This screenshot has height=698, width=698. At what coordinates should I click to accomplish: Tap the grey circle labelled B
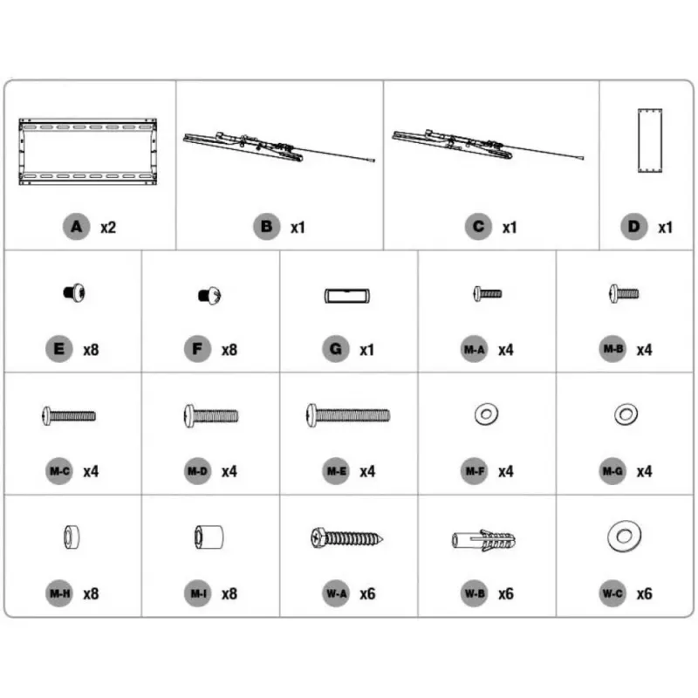pyautogui.click(x=266, y=227)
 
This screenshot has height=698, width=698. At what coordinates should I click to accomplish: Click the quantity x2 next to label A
pyautogui.click(x=108, y=228)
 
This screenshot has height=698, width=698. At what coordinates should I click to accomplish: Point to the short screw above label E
pyautogui.click(x=74, y=293)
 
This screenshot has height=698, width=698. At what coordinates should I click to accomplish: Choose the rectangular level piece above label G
pyautogui.click(x=346, y=296)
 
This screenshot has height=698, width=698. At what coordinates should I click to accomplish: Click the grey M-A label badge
pyautogui.click(x=474, y=349)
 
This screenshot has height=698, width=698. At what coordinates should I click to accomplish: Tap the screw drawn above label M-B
pyautogui.click(x=624, y=293)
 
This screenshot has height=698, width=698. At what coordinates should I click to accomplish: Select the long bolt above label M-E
pyautogui.click(x=348, y=415)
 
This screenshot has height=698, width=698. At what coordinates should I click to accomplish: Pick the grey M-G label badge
pyautogui.click(x=612, y=471)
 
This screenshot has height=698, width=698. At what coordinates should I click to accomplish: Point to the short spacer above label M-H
pyautogui.click(x=72, y=537)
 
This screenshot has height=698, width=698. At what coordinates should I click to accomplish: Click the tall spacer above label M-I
pyautogui.click(x=209, y=537)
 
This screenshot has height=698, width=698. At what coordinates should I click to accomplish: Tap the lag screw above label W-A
pyautogui.click(x=346, y=538)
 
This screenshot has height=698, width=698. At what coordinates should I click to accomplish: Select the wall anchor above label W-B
pyautogui.click(x=484, y=540)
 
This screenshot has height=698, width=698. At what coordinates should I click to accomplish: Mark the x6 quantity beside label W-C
pyautogui.click(x=644, y=594)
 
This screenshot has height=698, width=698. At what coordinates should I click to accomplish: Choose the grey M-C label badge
pyautogui.click(x=59, y=471)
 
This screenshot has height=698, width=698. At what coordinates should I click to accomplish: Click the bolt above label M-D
pyautogui.click(x=211, y=416)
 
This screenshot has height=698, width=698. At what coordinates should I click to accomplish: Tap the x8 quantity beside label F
pyautogui.click(x=229, y=350)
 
